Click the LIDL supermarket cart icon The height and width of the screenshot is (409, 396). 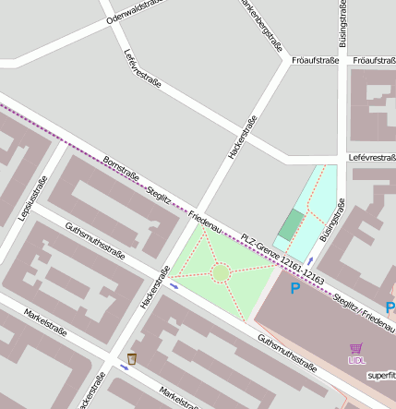(x=356, y=349)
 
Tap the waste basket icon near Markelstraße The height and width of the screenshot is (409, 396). (x=132, y=358)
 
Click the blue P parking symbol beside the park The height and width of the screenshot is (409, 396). (x=295, y=289)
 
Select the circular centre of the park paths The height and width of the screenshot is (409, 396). (x=221, y=271)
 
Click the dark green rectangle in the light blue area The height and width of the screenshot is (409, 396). (x=292, y=223)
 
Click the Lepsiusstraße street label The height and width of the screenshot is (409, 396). (x=31, y=198)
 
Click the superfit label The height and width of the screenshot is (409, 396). (x=380, y=375)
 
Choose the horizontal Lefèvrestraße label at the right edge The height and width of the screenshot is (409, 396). (x=372, y=159)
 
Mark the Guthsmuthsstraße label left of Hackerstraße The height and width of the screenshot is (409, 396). (x=94, y=239)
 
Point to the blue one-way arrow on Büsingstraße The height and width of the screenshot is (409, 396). (x=310, y=261)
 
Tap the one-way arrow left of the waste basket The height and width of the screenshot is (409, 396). (x=124, y=367)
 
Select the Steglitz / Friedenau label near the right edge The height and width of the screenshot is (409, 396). (x=365, y=313)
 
